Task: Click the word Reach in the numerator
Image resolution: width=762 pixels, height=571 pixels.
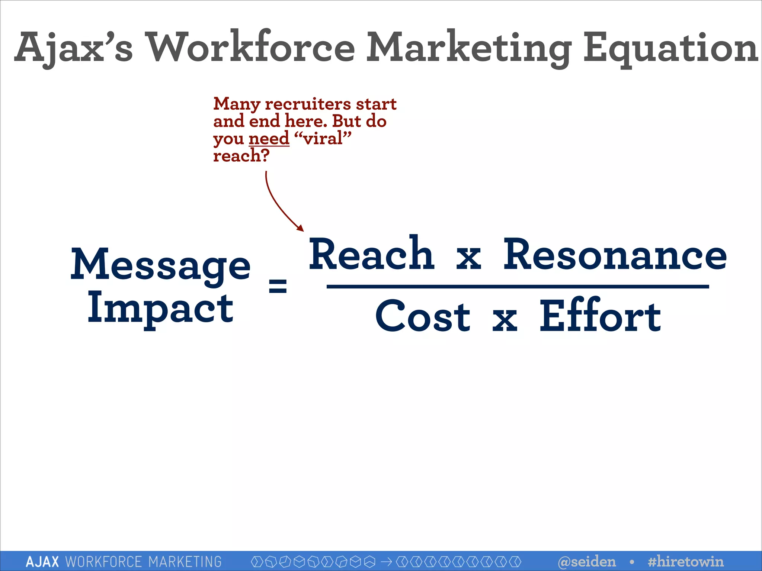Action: [x=371, y=254]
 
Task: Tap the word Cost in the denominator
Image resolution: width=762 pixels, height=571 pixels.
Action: [x=423, y=317]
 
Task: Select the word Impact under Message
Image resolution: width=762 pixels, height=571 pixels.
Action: [x=161, y=309]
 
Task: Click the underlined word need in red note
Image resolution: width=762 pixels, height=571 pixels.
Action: [x=269, y=139]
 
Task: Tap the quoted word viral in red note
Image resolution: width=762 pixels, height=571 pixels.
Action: [x=323, y=139]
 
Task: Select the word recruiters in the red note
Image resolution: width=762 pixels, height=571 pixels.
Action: [x=308, y=104]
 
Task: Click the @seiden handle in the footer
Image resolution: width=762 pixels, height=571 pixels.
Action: [x=587, y=561]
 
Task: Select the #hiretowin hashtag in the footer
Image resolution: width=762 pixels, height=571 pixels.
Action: [x=685, y=561]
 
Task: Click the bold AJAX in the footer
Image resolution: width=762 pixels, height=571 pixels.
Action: [x=42, y=561]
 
